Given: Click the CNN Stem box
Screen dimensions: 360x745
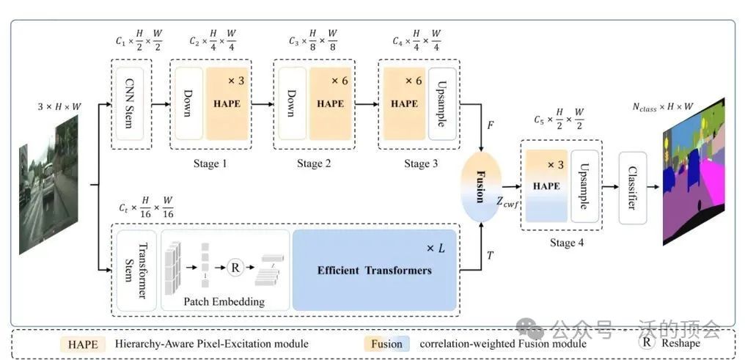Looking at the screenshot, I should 132,103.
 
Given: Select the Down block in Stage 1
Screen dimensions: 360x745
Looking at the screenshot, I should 188,103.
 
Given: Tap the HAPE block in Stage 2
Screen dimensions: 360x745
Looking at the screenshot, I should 330,103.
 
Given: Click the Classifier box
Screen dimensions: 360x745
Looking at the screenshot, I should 633,187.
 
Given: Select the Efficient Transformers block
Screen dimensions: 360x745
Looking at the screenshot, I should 374,269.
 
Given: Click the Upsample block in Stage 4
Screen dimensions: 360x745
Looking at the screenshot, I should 584,186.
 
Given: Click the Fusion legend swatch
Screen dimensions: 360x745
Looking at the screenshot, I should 386,343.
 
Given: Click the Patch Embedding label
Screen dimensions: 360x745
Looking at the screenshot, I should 224,301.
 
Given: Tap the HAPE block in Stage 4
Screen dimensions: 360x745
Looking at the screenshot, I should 546,186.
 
